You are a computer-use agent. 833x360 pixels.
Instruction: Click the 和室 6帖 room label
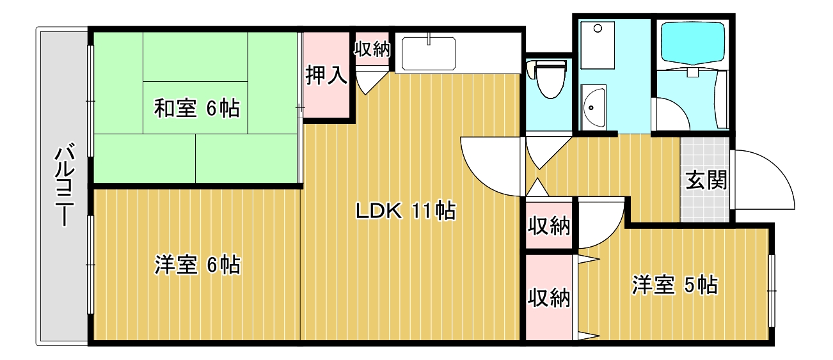click(x=196, y=109)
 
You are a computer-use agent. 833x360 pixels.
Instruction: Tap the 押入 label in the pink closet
click(x=326, y=75)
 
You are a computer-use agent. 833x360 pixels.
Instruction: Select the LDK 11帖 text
click(x=406, y=210)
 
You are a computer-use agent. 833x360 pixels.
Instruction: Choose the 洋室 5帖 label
click(x=674, y=285)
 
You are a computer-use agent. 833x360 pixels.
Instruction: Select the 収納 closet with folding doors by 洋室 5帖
click(x=549, y=297)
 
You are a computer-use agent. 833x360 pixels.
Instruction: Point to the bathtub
click(x=692, y=43)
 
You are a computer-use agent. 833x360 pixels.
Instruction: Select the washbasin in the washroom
click(x=594, y=106)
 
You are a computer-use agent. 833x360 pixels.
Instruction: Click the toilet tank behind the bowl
click(x=548, y=64)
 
